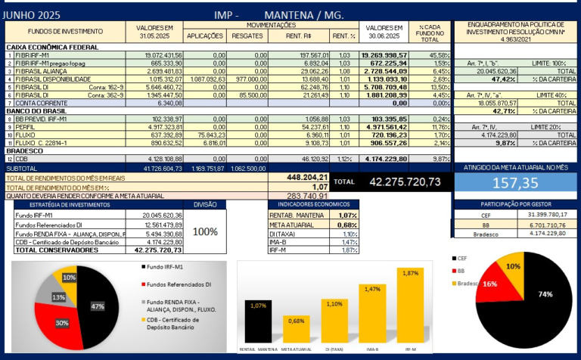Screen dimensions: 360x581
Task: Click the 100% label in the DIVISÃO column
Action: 205,231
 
